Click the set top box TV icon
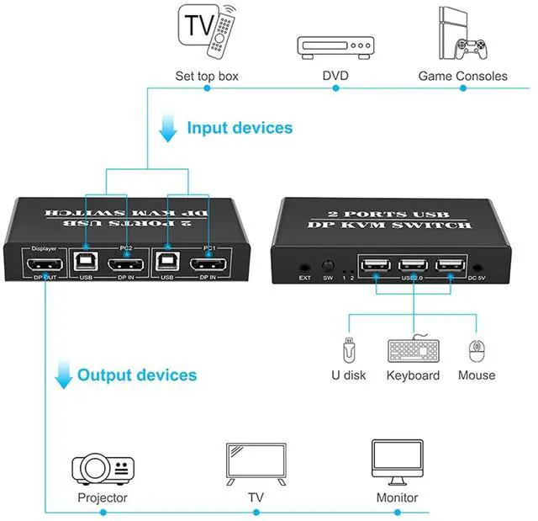[206, 33]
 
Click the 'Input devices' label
[240, 128]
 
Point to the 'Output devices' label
[137, 375]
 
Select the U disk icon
[348, 348]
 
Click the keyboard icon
[413, 349]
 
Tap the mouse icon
[477, 349]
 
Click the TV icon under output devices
[256, 462]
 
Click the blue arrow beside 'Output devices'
[63, 375]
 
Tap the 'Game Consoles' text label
[462, 76]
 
